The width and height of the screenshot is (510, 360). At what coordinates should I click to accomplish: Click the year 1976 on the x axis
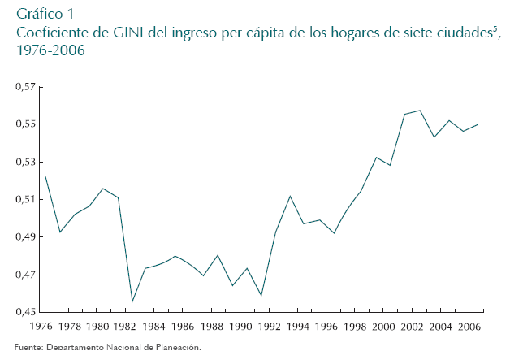[41, 327]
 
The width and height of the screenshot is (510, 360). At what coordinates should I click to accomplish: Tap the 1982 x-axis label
[126, 327]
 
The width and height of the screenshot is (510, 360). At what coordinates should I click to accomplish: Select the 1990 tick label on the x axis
[240, 327]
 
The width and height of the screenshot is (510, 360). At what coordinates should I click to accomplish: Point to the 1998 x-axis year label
[354, 327]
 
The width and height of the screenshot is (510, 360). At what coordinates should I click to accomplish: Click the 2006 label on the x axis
[469, 327]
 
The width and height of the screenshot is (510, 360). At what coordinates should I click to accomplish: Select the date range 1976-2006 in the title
[50, 50]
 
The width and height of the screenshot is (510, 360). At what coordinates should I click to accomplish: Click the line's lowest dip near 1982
[132, 301]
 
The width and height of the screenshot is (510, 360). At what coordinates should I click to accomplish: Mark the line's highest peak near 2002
[419, 111]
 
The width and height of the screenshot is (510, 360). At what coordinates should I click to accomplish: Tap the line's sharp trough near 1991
[261, 296]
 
